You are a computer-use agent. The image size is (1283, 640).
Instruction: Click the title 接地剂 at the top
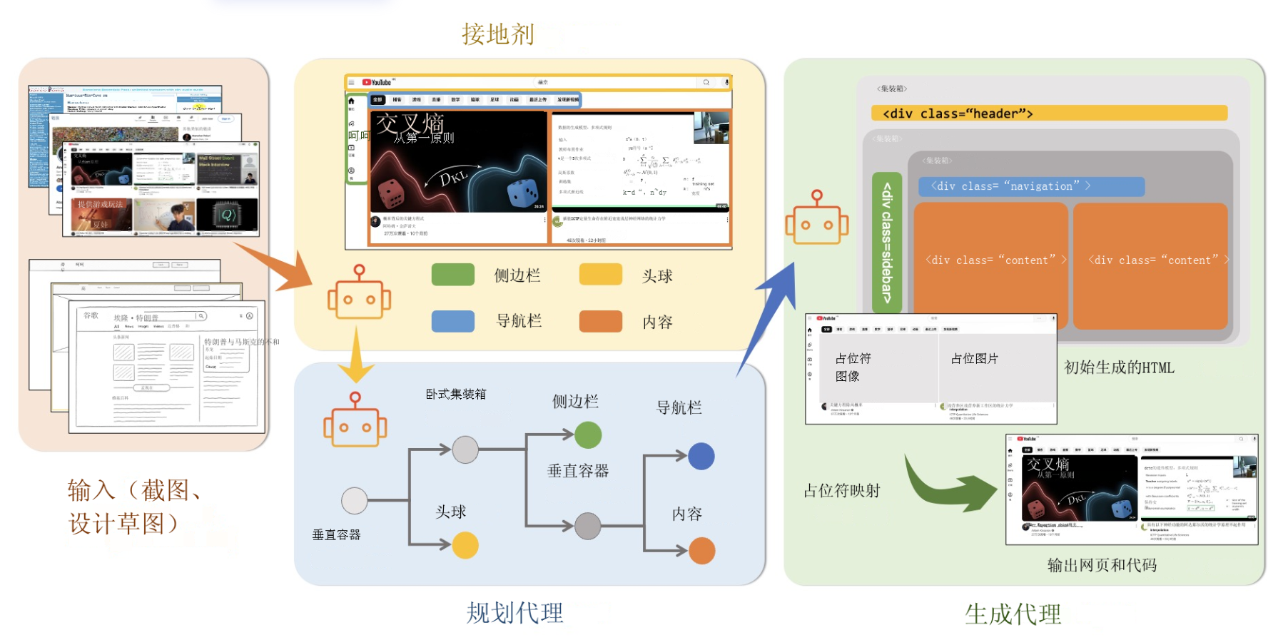[x=497, y=34]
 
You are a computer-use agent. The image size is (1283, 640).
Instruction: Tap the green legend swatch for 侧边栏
[x=452, y=275]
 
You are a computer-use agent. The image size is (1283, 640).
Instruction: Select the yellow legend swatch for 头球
[x=600, y=275]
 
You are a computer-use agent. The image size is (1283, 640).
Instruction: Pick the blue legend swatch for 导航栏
[x=452, y=321]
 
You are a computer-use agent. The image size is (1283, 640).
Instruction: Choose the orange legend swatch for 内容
[x=600, y=321]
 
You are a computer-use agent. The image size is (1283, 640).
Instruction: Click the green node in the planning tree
[x=587, y=435]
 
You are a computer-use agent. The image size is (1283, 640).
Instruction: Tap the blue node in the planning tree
[x=701, y=456]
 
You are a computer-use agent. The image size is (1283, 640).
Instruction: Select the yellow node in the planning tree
[x=465, y=545]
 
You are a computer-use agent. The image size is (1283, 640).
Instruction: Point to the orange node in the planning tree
[x=701, y=551]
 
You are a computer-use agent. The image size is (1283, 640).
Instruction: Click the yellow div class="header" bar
[x=1048, y=113]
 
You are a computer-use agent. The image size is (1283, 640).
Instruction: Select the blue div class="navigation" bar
[x=1031, y=186]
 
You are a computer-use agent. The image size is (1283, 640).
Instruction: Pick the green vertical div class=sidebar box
[x=887, y=243]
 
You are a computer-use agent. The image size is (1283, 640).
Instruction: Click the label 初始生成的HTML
[x=1118, y=367]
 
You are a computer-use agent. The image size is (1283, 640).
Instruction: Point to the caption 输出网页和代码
[x=1101, y=565]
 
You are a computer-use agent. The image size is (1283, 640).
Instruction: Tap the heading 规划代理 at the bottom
[x=514, y=613]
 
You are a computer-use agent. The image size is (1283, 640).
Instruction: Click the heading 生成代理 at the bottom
[x=1013, y=614]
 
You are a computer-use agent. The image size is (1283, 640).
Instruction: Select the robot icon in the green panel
[x=816, y=218]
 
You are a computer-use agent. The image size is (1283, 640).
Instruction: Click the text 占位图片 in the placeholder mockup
[x=974, y=358]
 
